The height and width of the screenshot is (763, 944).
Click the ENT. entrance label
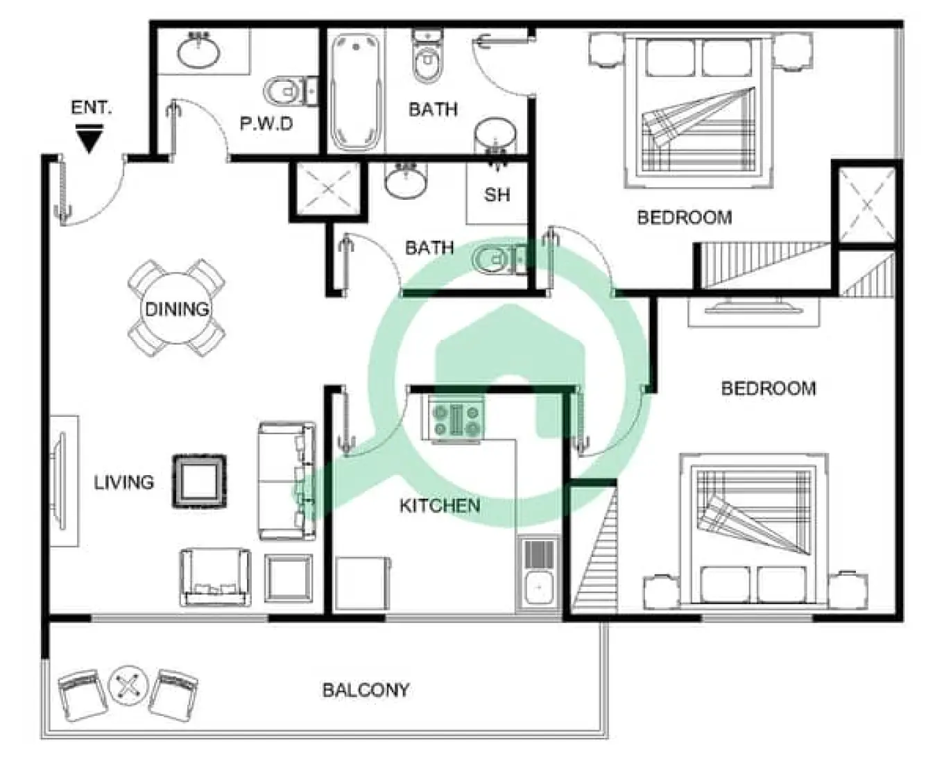pyautogui.click(x=91, y=108)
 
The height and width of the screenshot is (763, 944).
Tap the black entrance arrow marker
pyautogui.click(x=89, y=139)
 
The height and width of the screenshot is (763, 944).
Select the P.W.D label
pyautogui.click(x=266, y=124)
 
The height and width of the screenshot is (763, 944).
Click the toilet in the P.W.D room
pyautogui.click(x=288, y=91)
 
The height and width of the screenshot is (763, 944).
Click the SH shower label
pyautogui.click(x=497, y=195)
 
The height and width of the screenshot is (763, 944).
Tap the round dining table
pyautogui.click(x=176, y=309)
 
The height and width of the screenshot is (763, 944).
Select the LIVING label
pyautogui.click(x=124, y=482)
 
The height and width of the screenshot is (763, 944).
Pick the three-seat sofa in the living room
pyautogui.click(x=286, y=481)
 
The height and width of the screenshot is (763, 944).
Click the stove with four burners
pyautogui.click(x=456, y=420)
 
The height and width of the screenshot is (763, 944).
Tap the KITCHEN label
pyautogui.click(x=439, y=506)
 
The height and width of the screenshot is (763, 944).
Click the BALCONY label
pyautogui.click(x=366, y=690)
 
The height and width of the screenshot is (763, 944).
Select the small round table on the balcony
pyautogui.click(x=128, y=686)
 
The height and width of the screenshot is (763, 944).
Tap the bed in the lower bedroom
pyautogui.click(x=753, y=530)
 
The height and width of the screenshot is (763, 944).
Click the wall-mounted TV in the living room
pyautogui.click(x=60, y=481)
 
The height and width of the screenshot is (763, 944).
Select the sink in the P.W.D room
pyautogui.click(x=200, y=51)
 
